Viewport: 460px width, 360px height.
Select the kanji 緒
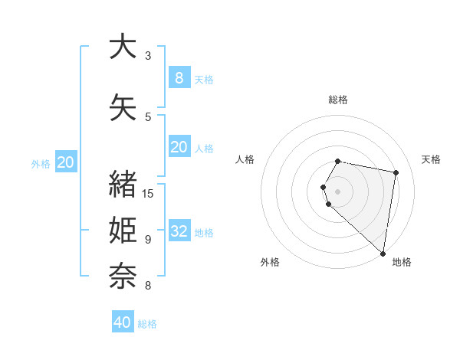click(x=123, y=185)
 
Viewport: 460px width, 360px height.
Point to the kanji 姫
click(x=123, y=231)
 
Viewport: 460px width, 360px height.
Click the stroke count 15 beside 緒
click(x=149, y=193)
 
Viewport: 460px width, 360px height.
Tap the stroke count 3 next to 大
click(x=148, y=56)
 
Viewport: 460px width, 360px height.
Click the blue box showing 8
click(x=179, y=77)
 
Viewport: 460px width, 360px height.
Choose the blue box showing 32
click(x=179, y=231)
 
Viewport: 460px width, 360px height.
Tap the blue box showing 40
click(x=122, y=322)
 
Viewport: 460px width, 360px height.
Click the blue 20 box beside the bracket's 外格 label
click(x=66, y=162)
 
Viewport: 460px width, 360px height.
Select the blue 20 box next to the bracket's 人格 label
click(x=179, y=147)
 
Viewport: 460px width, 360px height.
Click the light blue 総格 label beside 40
click(x=147, y=324)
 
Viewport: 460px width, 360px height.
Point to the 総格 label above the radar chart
click(x=337, y=100)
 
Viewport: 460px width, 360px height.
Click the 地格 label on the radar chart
click(x=402, y=262)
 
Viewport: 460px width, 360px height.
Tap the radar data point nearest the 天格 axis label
click(x=396, y=173)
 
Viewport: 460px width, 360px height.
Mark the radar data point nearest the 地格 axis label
click(x=383, y=253)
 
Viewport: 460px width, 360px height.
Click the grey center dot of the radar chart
click(x=337, y=191)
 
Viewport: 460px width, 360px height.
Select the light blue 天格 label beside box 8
click(x=204, y=80)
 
